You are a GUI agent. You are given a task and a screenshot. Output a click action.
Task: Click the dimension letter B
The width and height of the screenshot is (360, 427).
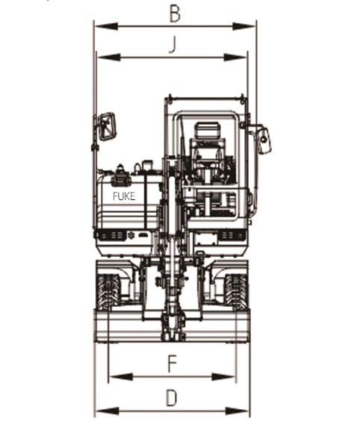pyautogui.click(x=175, y=14)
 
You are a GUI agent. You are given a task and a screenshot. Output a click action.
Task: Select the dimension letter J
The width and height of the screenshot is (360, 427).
pyautogui.click(x=173, y=45)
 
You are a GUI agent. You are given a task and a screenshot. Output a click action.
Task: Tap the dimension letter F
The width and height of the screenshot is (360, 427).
pyautogui.click(x=173, y=364)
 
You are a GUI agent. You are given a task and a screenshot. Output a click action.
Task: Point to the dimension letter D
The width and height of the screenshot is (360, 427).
pyautogui.click(x=172, y=398)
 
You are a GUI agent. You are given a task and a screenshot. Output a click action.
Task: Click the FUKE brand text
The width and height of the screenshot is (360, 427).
pyautogui.click(x=124, y=196)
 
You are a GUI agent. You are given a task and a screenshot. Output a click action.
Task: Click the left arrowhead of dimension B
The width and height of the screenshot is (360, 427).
pyautogui.click(x=106, y=26)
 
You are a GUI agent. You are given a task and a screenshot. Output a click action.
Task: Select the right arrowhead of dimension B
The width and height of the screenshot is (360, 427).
pyautogui.click(x=244, y=26)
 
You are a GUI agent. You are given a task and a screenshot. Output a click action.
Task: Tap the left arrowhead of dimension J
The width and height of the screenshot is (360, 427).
pyautogui.click(x=109, y=57)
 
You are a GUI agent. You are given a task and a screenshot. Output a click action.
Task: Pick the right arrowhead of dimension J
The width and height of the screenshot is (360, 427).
pyautogui.click(x=235, y=57)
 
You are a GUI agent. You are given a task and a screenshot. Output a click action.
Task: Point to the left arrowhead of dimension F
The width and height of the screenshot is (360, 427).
pyautogui.click(x=121, y=377)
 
